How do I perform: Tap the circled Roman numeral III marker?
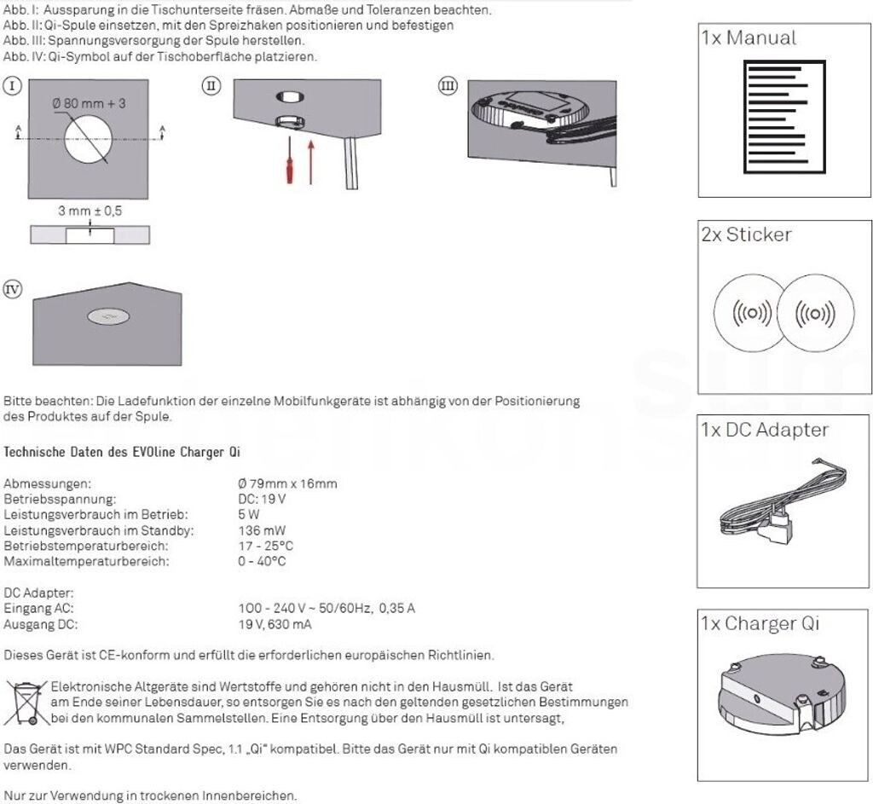448,85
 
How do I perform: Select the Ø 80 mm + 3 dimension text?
89,103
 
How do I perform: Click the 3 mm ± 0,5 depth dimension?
90,211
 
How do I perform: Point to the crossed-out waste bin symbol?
26,702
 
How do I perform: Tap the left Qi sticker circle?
753,315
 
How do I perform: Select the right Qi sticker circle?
817,315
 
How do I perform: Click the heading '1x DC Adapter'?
764,430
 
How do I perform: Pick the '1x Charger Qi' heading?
760,623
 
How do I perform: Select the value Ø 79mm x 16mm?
287,483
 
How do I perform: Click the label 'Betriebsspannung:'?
60,499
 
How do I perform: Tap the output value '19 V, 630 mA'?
275,624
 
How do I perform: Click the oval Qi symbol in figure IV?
107,318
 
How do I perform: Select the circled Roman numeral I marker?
13,85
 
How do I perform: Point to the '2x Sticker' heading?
746,234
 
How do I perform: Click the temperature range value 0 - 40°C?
262,561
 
